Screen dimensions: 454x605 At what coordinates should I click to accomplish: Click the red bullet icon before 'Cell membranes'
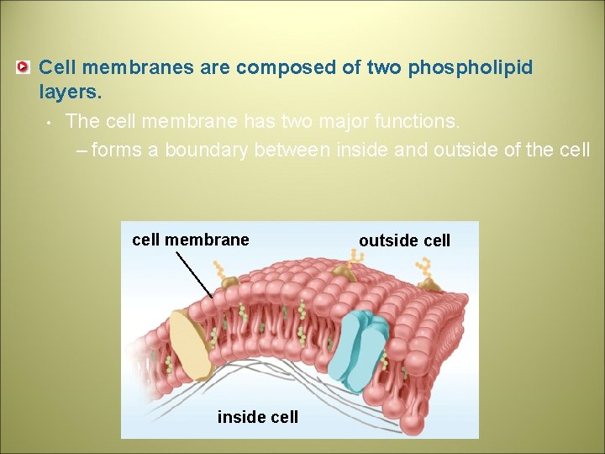[x=24, y=66]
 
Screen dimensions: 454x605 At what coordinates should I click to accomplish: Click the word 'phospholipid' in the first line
[x=470, y=67]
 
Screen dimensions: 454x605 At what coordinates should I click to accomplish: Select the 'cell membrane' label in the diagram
[x=191, y=240]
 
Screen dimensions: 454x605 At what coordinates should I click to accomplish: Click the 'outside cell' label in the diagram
[x=404, y=240]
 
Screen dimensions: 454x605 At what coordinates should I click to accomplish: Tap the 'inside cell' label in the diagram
[x=257, y=417]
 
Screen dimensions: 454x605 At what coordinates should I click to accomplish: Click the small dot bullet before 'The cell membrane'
[x=50, y=123]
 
